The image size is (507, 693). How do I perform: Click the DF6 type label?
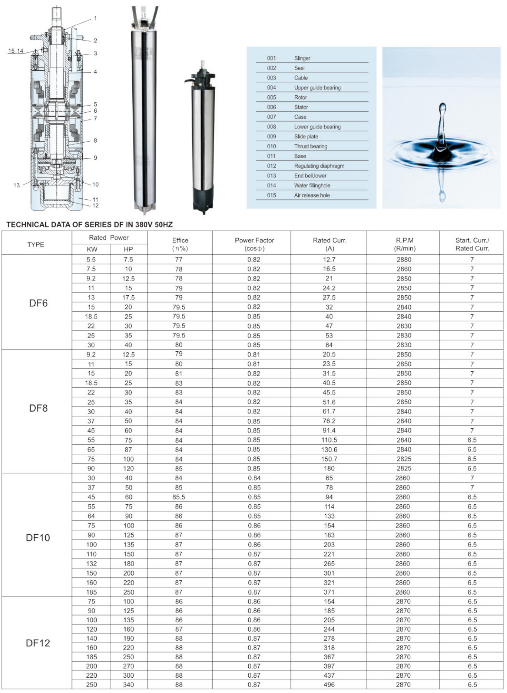(38, 303)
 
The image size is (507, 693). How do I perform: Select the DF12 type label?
(38, 643)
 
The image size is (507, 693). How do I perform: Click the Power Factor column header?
(254, 244)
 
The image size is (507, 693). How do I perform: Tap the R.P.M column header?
(405, 244)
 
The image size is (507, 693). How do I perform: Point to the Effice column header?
(180, 244)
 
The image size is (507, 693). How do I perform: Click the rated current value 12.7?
(329, 260)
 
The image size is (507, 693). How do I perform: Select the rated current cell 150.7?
(329, 459)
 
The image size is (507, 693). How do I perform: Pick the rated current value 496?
(329, 685)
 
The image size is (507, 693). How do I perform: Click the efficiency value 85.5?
(179, 497)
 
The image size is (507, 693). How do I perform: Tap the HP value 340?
(128, 685)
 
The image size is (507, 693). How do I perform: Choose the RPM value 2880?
(404, 260)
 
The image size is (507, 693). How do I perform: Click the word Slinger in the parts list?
(302, 58)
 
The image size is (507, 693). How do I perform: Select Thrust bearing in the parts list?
(310, 146)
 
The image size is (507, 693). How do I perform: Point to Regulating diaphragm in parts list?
(319, 166)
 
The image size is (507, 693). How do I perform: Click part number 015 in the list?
(272, 195)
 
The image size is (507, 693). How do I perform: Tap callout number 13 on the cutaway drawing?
(16, 185)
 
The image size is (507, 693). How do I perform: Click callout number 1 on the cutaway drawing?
(95, 18)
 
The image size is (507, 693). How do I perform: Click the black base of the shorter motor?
(202, 202)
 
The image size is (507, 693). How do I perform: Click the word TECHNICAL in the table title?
(28, 225)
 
